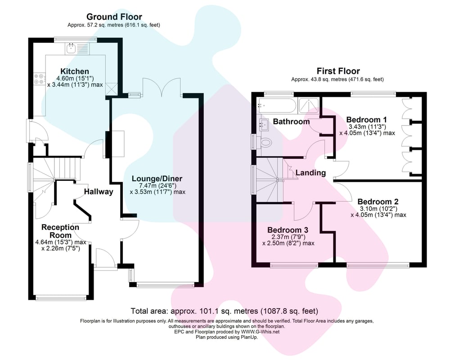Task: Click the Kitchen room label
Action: (75, 72)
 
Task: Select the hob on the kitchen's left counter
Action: (36, 79)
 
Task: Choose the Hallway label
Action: (99, 192)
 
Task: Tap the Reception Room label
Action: (60, 231)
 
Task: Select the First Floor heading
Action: (338, 71)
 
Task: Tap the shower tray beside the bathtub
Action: (308, 105)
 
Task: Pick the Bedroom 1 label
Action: (367, 120)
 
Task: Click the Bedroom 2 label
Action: (378, 202)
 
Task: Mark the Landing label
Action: (310, 173)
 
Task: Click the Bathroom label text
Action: (291, 121)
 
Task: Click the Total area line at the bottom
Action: (224, 311)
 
